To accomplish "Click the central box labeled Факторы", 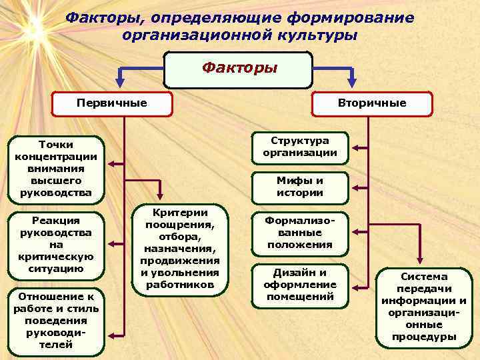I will [x=238, y=69].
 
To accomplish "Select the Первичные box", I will [x=112, y=104].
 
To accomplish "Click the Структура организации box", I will [x=299, y=147].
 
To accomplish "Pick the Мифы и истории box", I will [x=299, y=187].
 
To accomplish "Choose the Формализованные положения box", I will [x=299, y=232].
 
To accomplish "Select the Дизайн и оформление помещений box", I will [x=299, y=284].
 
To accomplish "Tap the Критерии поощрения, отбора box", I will [x=180, y=247].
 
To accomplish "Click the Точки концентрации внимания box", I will [x=56, y=169].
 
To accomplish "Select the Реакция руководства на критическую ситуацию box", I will [x=56, y=244].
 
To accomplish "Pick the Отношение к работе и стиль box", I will [x=56, y=321].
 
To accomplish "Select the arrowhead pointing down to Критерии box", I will [x=160, y=197].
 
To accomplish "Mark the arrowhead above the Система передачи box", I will [x=419, y=262].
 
